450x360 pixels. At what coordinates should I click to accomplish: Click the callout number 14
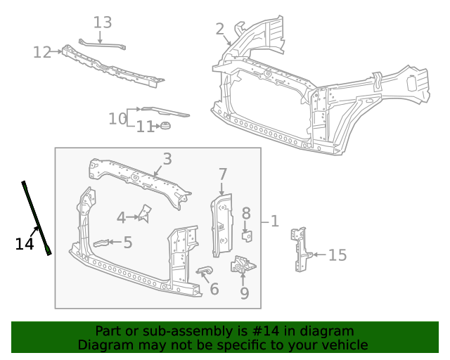25,244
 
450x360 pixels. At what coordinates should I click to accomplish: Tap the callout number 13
103,22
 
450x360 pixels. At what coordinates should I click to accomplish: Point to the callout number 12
42,52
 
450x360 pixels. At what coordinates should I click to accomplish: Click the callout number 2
220,29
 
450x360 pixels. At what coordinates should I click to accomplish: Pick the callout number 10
117,119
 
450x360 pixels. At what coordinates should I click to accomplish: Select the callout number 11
145,127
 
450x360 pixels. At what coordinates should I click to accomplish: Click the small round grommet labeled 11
166,126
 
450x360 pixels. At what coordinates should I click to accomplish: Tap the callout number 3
167,159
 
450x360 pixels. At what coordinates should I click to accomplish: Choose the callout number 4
121,218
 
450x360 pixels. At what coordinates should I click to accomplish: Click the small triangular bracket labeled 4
146,213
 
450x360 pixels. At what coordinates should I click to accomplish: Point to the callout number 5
128,243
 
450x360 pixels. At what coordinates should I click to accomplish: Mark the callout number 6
214,288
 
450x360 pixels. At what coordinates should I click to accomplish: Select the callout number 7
223,174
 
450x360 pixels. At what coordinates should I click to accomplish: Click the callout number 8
246,213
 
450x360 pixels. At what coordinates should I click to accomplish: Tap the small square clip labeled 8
246,234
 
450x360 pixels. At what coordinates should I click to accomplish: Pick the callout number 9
244,292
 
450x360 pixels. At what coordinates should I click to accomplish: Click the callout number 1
275,221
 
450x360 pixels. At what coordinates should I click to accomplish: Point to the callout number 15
337,255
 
